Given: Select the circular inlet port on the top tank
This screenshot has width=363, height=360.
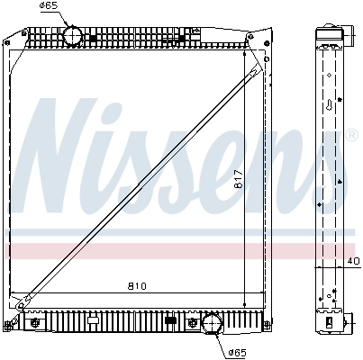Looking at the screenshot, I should click(72, 35).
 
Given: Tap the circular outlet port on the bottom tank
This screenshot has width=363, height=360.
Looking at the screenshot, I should click(213, 322).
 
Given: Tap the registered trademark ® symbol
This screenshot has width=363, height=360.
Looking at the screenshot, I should click(352, 136).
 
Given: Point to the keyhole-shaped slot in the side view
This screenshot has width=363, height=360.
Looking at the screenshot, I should click(331, 105).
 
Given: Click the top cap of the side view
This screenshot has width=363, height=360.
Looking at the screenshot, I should click(329, 36).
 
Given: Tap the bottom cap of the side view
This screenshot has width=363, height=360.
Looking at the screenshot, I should click(330, 320).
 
